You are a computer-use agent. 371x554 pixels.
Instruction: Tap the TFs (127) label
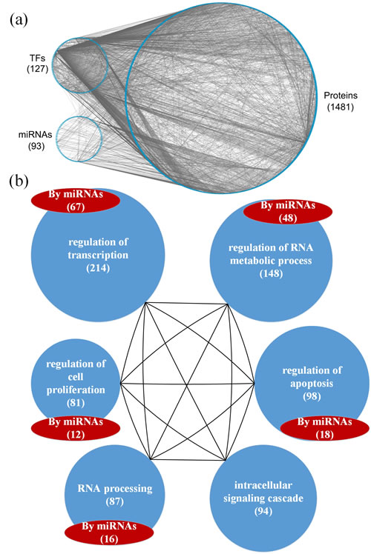pos(38,63)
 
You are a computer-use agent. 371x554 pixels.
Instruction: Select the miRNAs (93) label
pos(36,140)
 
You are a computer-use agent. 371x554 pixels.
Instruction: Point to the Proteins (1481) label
pos(341,101)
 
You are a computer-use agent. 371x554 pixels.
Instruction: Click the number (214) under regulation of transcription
pos(98,268)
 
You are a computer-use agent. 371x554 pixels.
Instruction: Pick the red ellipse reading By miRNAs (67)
pos(76,201)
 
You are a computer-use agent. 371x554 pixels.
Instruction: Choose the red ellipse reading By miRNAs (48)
pos(288,212)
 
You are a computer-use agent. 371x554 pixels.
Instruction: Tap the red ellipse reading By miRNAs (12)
pos(76,428)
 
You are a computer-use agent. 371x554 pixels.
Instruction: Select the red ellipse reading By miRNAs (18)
pos(325,428)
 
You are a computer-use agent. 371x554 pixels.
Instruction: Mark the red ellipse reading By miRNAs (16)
pos(109,533)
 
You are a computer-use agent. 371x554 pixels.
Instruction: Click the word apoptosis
pos(312,384)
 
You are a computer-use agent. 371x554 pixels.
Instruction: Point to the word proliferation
pos(76,390)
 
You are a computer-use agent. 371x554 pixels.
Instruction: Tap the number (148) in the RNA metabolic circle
pos(271,274)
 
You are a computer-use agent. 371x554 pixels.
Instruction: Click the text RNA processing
pos(115,489)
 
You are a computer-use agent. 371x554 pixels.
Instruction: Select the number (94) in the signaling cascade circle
pos(263,512)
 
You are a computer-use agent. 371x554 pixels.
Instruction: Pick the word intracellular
pos(263,485)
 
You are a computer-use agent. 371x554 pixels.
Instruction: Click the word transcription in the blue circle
pos(98,255)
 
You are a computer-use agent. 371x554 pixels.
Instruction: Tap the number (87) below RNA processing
pos(115,501)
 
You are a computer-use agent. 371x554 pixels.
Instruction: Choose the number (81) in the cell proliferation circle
pos(76,403)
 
